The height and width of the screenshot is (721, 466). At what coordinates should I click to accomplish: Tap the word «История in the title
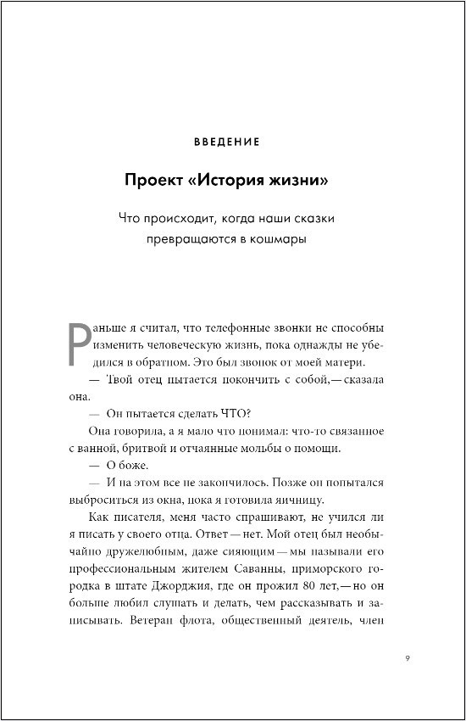tap(231, 182)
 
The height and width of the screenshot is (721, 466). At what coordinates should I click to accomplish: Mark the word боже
tap(136, 466)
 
